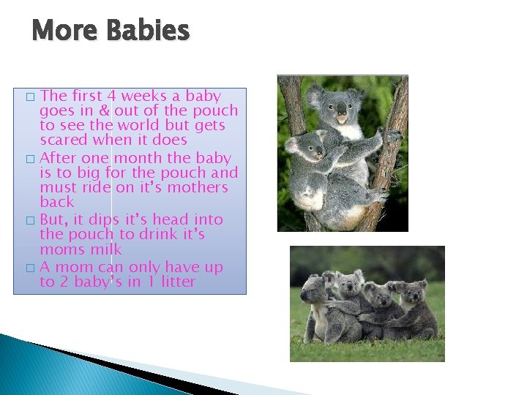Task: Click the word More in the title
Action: click(65, 31)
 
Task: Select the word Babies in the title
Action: click(147, 31)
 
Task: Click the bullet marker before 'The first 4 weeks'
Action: click(29, 97)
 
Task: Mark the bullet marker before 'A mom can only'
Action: click(29, 268)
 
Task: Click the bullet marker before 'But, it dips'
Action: click(29, 220)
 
